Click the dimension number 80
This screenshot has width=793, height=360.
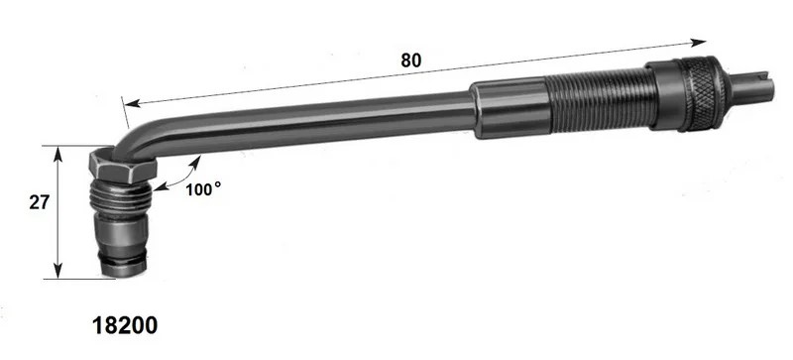pos(410,60)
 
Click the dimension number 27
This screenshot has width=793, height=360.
pos(39,202)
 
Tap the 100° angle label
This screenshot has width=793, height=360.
pos(203,189)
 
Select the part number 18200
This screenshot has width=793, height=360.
pos(125,325)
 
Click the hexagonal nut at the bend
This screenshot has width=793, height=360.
pos(122,165)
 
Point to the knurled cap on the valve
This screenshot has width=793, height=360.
pos(701,93)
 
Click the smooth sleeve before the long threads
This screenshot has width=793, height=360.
pos(510,109)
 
